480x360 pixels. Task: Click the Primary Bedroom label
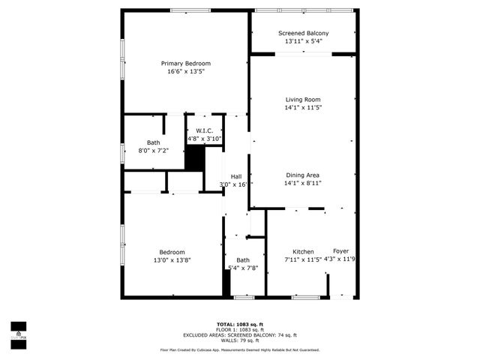186,63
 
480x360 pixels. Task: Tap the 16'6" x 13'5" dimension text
186,72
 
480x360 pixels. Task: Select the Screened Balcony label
303,33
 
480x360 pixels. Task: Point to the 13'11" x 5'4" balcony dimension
303,42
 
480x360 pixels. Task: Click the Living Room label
303,100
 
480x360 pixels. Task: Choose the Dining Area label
303,175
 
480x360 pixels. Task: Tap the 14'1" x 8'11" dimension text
303,184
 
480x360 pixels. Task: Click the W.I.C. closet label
205,130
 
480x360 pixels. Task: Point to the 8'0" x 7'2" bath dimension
154,151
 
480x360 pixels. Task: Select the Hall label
235,176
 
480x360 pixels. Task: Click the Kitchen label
303,251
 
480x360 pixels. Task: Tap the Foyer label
341,251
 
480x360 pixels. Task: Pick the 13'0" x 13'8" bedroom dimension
172,260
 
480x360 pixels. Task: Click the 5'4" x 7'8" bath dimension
243,268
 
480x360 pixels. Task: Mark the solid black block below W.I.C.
195,158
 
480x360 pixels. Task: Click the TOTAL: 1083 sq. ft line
240,323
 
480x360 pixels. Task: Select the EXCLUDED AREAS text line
240,334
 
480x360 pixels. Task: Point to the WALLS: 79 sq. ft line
240,340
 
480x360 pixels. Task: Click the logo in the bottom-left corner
17,330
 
